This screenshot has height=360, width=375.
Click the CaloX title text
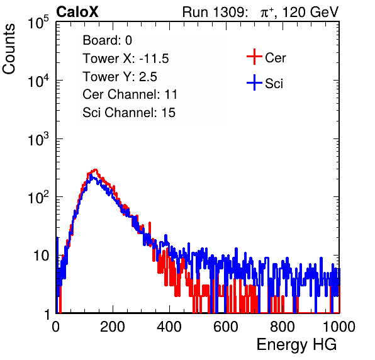click(x=77, y=11)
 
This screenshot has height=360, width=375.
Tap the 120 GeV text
click(x=311, y=11)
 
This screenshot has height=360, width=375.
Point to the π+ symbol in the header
click(x=267, y=12)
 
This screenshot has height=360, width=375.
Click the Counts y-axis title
click(x=9, y=49)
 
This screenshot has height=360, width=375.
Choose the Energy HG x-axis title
click(x=296, y=345)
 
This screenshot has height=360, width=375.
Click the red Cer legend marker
click(x=254, y=57)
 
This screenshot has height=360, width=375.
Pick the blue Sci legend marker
click(x=254, y=82)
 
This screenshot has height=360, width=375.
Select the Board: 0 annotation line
click(x=107, y=40)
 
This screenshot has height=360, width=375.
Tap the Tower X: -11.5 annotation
click(x=126, y=59)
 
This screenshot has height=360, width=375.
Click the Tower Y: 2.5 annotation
click(x=120, y=77)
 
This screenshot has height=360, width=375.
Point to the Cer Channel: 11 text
click(x=130, y=94)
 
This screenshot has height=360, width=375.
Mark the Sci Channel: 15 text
click(x=129, y=113)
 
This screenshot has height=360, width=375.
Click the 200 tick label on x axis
click(x=113, y=327)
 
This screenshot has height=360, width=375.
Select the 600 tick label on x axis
click(x=226, y=327)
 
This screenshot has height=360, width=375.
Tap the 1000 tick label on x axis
click(x=339, y=327)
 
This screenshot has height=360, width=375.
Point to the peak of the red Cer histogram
click(x=95, y=170)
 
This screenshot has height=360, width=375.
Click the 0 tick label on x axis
click(x=56, y=327)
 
